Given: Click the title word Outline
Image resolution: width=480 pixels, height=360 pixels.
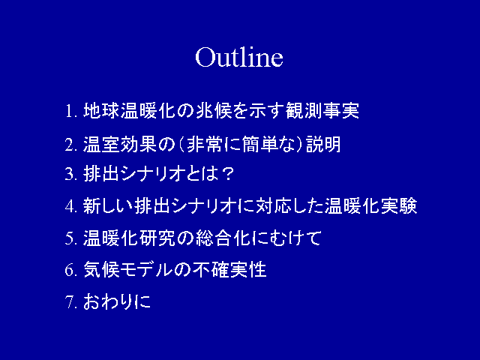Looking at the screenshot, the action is pyautogui.click(x=239, y=57).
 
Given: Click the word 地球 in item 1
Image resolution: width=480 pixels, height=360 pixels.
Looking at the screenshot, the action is pyautogui.click(x=100, y=110).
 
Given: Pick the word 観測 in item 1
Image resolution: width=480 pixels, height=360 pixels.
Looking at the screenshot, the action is pyautogui.click(x=303, y=110).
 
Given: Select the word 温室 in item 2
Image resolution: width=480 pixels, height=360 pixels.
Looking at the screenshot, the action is pyautogui.click(x=100, y=144).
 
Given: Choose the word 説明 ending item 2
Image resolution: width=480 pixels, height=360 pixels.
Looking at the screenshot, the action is pyautogui.click(x=323, y=144).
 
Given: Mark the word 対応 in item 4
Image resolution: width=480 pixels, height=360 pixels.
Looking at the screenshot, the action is pyautogui.click(x=274, y=205).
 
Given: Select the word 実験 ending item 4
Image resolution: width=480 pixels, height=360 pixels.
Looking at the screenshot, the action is pyautogui.click(x=398, y=205).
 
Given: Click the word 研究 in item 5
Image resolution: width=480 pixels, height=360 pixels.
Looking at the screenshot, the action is pyautogui.click(x=157, y=238).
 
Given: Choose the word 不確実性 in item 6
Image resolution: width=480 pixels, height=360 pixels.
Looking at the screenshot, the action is pyautogui.click(x=231, y=270).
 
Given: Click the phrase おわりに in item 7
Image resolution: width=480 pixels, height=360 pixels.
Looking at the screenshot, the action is pyautogui.click(x=117, y=301).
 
